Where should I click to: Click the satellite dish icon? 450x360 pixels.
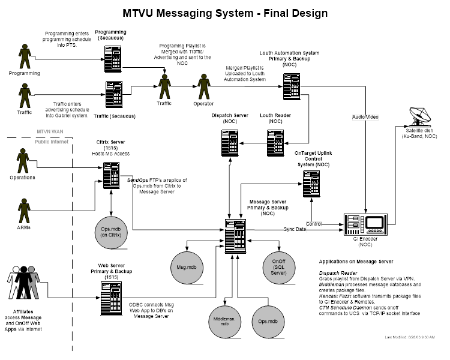415,115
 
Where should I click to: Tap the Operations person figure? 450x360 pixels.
23,161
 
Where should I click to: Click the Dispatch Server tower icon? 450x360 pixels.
227,139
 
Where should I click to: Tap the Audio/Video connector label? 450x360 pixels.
365,116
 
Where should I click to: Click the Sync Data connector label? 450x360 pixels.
295,229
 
